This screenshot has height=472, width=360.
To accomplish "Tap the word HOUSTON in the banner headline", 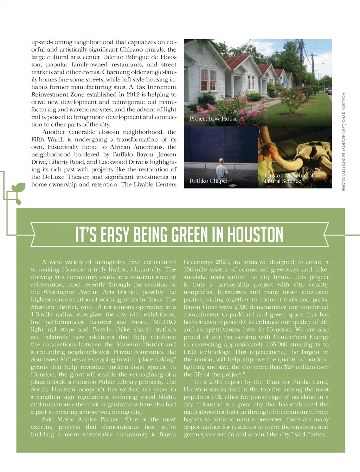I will click(x=255, y=235).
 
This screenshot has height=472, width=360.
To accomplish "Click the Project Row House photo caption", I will click(x=213, y=119).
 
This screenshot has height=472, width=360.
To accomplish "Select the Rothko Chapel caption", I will click(x=208, y=181).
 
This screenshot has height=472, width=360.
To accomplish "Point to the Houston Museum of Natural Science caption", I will click(x=287, y=178).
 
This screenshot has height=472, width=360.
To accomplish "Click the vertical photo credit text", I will click(x=344, y=142).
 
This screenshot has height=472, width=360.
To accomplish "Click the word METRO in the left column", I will click(x=164, y=322).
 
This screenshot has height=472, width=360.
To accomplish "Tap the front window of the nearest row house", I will click(x=209, y=80).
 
